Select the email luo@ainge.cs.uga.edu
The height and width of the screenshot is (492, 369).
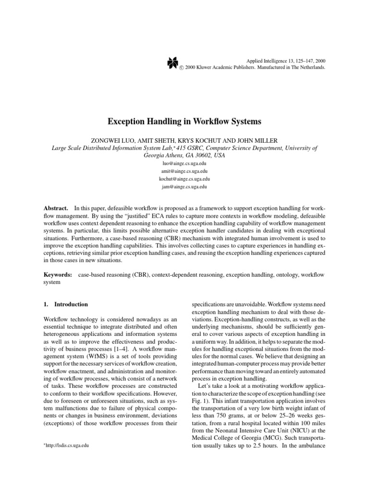[184, 163]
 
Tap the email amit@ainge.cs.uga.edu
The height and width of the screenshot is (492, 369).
[184, 171]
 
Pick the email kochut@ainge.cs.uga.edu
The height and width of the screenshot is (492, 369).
[184, 179]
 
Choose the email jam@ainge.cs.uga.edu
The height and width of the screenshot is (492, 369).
[184, 186]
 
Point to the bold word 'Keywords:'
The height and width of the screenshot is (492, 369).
[58, 274]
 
